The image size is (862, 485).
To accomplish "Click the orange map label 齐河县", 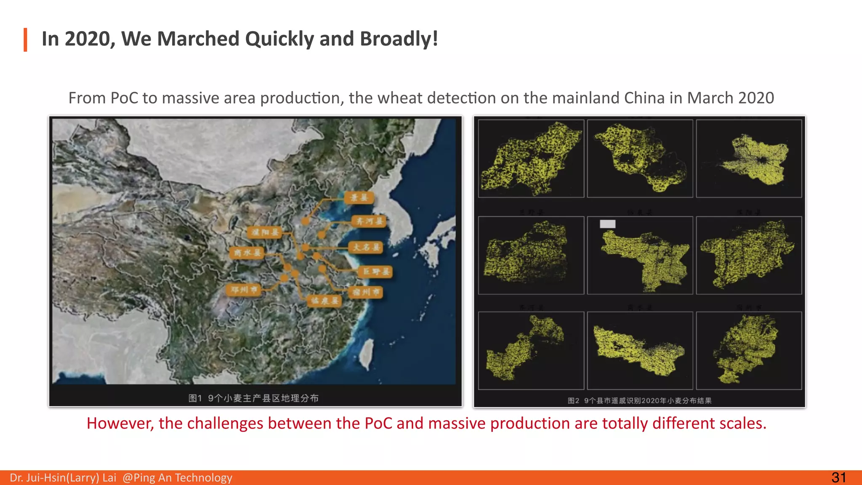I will pos(369,221).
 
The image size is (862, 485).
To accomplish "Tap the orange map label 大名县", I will pos(365,247).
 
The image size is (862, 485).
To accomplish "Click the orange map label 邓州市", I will pos(244,290).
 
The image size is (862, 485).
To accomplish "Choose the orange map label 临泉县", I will pos(324,301).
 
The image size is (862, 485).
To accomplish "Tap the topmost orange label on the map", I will pos(359,197).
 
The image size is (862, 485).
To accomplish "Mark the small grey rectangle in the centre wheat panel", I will pos(607,224).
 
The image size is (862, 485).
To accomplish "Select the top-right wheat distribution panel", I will pos(749,159).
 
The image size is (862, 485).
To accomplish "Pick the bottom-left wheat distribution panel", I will pos(531,350).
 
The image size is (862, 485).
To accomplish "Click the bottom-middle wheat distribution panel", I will pos(640,350).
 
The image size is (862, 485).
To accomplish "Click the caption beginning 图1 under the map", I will pos(253,398).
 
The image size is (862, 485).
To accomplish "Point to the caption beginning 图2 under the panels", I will pos(639,401).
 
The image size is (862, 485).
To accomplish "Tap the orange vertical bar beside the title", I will pos(26,40).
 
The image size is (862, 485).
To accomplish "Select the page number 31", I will pos(838,477).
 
